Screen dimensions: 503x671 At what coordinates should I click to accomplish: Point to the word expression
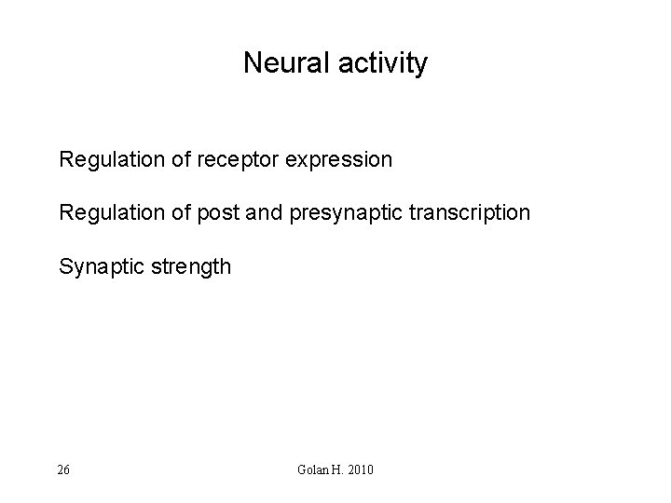tap(337, 160)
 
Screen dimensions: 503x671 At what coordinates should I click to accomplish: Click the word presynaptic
tap(346, 214)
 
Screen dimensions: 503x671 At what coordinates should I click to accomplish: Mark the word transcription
tap(472, 213)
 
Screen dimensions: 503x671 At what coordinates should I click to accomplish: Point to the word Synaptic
tap(97, 268)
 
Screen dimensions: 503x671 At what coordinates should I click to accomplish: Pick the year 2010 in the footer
tap(359, 469)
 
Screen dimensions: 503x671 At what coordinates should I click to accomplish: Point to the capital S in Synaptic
tap(65, 267)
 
